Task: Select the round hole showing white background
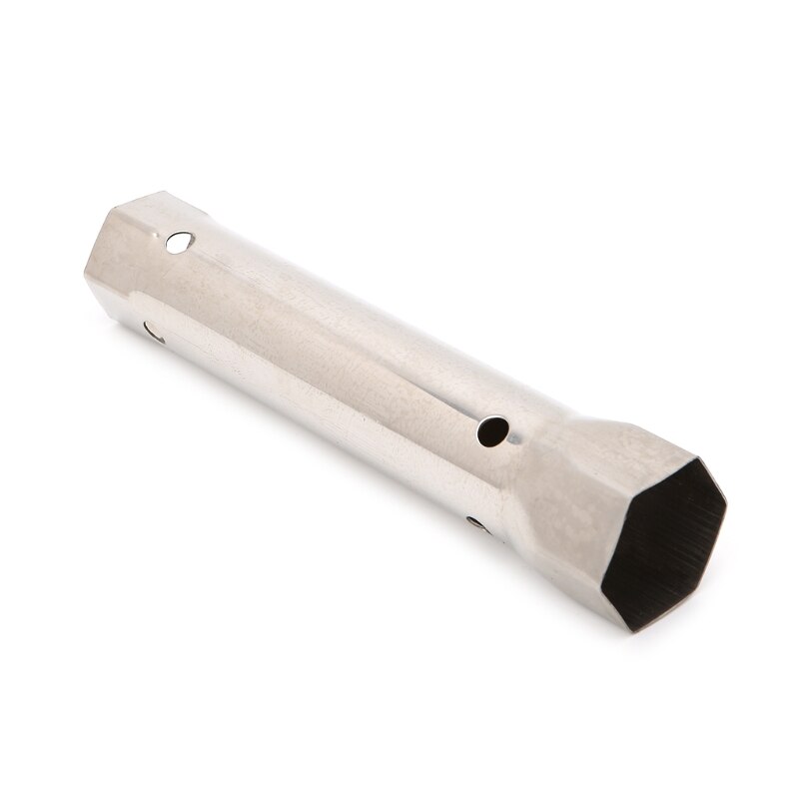coord(181,241)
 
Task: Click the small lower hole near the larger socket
coord(476,522)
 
